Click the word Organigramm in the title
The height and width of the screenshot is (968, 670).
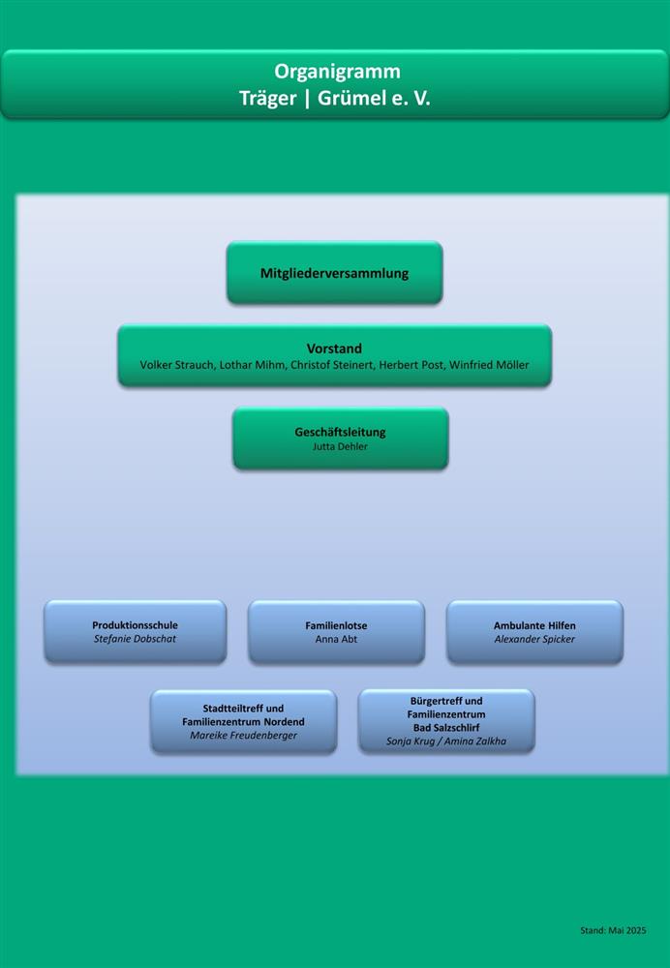pyautogui.click(x=337, y=72)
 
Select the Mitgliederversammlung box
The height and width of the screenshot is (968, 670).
pyautogui.click(x=335, y=272)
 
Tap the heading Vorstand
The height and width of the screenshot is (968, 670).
pyautogui.click(x=334, y=348)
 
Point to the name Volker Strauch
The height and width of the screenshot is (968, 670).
pyautogui.click(x=177, y=365)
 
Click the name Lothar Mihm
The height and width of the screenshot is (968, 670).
pyautogui.click(x=253, y=365)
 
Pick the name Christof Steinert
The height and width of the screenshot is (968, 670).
pyautogui.click(x=332, y=365)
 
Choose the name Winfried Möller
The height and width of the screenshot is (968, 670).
pyautogui.click(x=489, y=365)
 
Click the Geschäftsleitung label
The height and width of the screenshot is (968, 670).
pyautogui.click(x=340, y=432)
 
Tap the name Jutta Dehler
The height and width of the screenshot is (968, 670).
pyautogui.click(x=340, y=446)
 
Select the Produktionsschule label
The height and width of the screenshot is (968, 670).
pyautogui.click(x=135, y=624)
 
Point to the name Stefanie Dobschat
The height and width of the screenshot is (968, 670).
pyautogui.click(x=135, y=639)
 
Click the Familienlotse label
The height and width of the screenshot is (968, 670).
pyautogui.click(x=336, y=625)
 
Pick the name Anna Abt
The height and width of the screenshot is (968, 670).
pyautogui.click(x=336, y=639)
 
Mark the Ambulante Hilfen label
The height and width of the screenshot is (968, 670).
pyautogui.click(x=534, y=625)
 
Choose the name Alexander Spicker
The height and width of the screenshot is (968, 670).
pyautogui.click(x=534, y=640)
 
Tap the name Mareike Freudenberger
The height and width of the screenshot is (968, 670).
pyautogui.click(x=243, y=736)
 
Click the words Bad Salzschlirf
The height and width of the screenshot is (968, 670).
pyautogui.click(x=445, y=728)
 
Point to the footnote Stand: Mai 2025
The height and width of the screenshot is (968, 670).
pyautogui.click(x=613, y=930)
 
